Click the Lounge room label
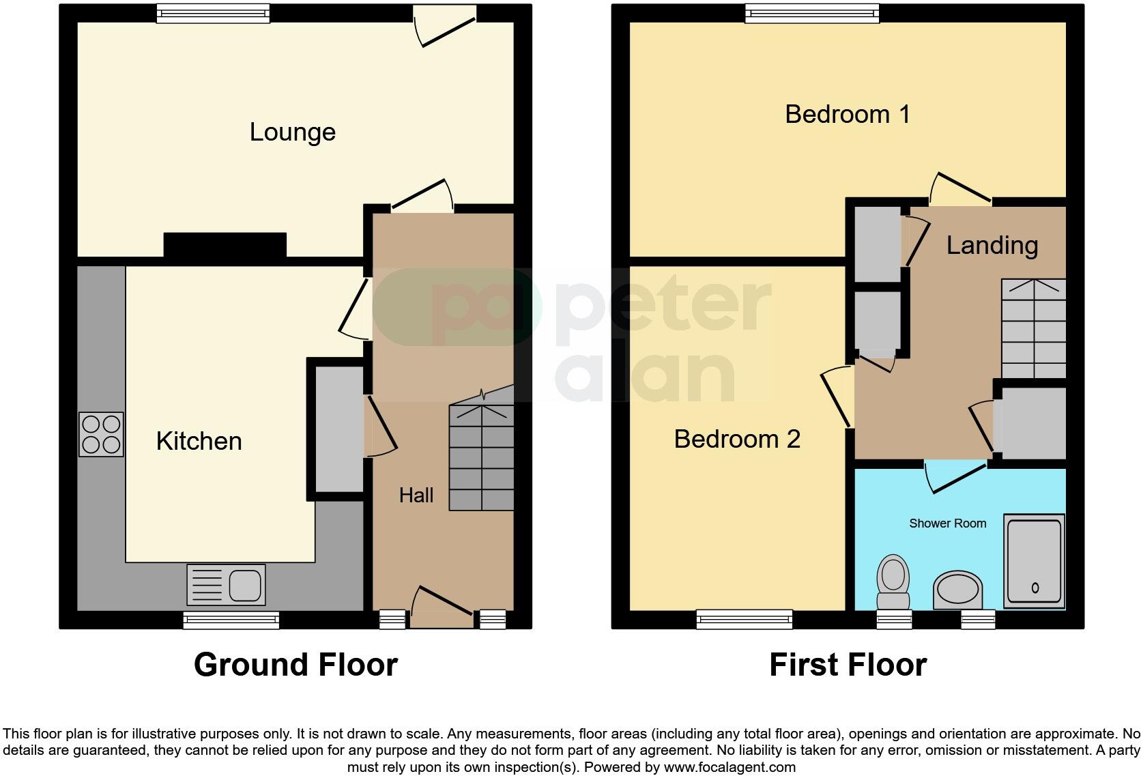coord(292,132)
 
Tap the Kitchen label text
coord(199,442)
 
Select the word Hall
coord(416,495)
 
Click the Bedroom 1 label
coord(847,114)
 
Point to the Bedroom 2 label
coord(736,439)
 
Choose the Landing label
coord(992,246)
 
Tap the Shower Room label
coord(947,523)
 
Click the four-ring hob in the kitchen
coord(102,434)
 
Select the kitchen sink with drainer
coord(226,585)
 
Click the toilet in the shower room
coord(893,582)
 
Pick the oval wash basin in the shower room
coord(957,590)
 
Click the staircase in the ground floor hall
coord(481,457)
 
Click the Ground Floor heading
coord(295,665)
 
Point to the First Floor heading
coord(848,665)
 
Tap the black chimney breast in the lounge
coord(225,246)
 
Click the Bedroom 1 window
coord(811,13)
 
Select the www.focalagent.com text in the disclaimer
coord(730,766)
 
